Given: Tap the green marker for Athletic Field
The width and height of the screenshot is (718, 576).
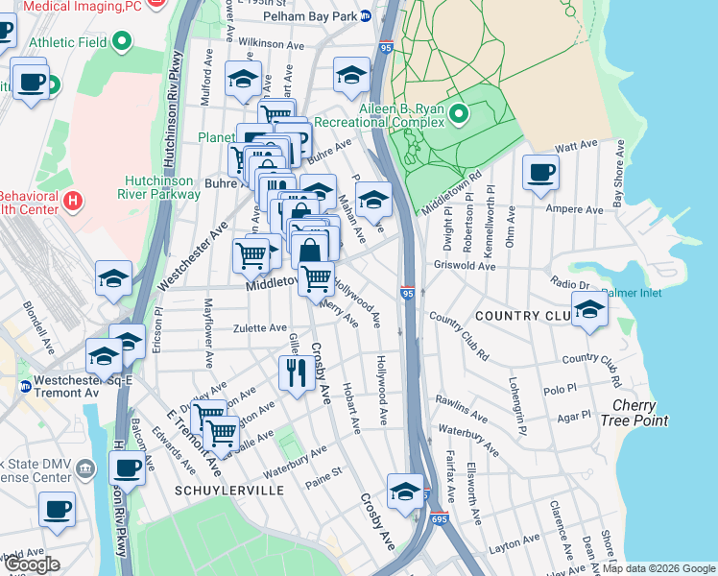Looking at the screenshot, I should click(x=122, y=41).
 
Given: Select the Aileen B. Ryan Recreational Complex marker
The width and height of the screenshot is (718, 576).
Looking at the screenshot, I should click(x=459, y=116).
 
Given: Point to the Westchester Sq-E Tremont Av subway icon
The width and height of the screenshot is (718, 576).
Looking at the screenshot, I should click(x=25, y=387).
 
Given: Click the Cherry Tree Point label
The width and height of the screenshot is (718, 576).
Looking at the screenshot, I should click(x=634, y=413).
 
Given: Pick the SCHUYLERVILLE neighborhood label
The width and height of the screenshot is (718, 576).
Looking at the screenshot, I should click(x=229, y=490).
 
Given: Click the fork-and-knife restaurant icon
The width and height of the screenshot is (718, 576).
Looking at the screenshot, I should click(x=297, y=372).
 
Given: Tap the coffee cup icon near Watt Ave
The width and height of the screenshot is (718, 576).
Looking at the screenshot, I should click(x=540, y=173).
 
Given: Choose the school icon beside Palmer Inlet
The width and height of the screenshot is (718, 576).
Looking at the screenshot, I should click(x=589, y=309).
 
